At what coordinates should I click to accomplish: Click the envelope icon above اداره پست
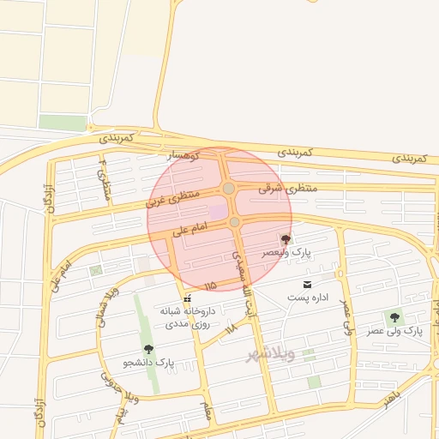click(x=307, y=284)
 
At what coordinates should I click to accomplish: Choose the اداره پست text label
click(x=308, y=297)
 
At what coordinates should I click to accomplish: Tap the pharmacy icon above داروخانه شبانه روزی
click(x=187, y=297)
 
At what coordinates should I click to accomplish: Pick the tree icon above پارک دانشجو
click(x=148, y=349)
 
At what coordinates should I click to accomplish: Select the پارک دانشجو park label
click(x=148, y=363)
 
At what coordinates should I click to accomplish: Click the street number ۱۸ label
click(x=229, y=328)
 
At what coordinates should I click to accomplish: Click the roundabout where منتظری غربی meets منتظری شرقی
click(x=228, y=189)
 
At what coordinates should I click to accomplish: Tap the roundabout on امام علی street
click(x=235, y=222)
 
